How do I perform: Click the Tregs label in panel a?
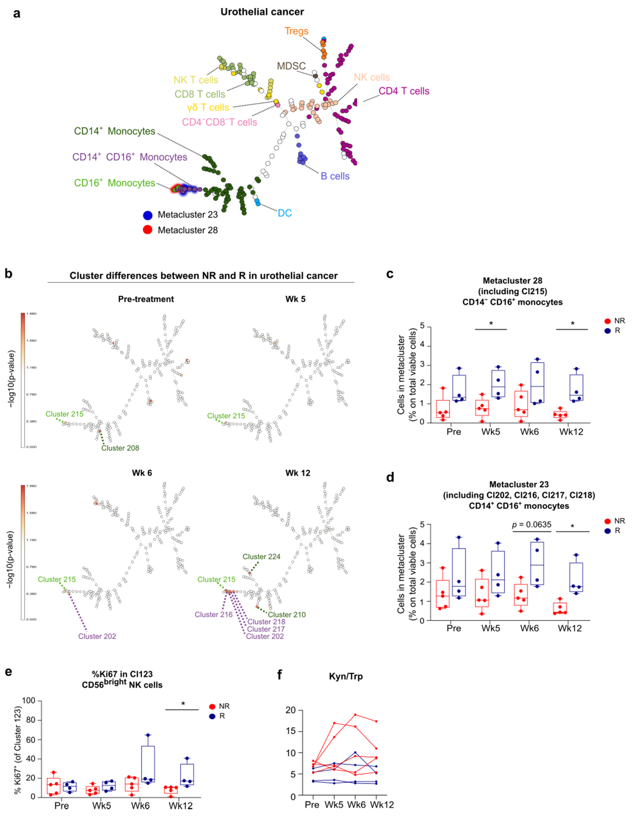296,31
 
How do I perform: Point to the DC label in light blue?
285,213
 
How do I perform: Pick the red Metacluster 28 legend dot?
148,230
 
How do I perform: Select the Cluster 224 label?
261,556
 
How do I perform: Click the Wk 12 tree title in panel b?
298,473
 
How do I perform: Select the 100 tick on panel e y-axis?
28,700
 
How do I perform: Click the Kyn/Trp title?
346,676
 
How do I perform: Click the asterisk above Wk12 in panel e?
183,704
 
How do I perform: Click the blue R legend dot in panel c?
608,331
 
